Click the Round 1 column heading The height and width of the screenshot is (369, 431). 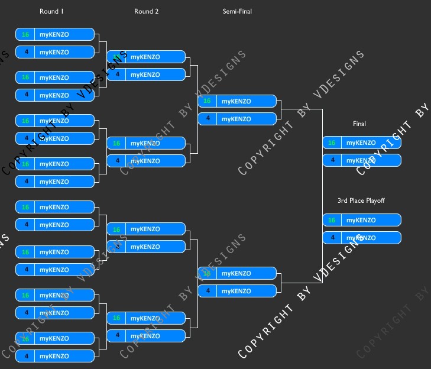click(x=51, y=11)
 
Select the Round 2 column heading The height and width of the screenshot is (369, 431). click(x=146, y=11)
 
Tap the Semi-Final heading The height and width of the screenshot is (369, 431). click(x=237, y=11)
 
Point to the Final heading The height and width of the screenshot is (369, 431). click(x=359, y=124)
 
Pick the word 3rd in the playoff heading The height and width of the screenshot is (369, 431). click(x=342, y=200)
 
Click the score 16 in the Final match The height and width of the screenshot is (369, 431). click(x=332, y=143)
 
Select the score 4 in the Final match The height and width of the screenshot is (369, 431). click(x=332, y=160)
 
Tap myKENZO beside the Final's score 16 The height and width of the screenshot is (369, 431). click(x=361, y=143)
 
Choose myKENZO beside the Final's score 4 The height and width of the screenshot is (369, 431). click(x=361, y=160)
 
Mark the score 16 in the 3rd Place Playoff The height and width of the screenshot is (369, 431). click(x=332, y=220)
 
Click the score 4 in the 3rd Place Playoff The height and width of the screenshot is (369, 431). click(x=332, y=238)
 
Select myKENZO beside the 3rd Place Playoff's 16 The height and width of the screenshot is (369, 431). click(x=361, y=220)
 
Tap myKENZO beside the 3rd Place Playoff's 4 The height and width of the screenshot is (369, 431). click(x=361, y=238)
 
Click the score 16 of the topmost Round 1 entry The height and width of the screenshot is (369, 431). click(x=25, y=34)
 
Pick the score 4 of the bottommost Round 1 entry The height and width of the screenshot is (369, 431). click(x=25, y=356)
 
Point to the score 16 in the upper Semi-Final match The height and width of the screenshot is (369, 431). click(x=207, y=101)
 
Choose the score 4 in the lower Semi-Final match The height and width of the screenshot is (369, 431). click(x=207, y=291)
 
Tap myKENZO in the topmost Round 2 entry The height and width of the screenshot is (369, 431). click(x=145, y=57)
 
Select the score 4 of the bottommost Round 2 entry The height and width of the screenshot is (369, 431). click(x=116, y=336)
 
